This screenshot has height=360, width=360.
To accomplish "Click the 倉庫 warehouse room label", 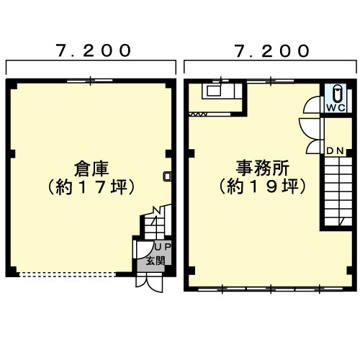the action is pyautogui.click(x=91, y=169).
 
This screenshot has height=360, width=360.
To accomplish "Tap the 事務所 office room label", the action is pyautogui.click(x=263, y=168).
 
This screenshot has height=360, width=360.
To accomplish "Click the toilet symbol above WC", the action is pyautogui.click(x=336, y=93).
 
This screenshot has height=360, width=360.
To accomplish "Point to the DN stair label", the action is pyautogui.click(x=336, y=151).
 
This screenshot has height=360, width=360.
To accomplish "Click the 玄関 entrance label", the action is pyautogui.click(x=156, y=261).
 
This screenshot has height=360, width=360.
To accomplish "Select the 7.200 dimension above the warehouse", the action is pyautogui.click(x=94, y=50).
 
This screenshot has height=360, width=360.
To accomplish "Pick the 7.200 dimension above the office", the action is pyautogui.click(x=272, y=51).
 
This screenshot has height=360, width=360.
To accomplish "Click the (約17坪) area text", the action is pyautogui.click(x=91, y=187).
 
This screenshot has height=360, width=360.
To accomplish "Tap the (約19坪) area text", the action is pyautogui.click(x=262, y=186).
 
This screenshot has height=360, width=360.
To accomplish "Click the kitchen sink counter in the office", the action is pyautogui.click(x=222, y=91).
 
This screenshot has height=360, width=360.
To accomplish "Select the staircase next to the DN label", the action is pyautogui.click(x=338, y=192).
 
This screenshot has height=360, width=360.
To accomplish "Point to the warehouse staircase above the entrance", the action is pyautogui.click(x=157, y=222).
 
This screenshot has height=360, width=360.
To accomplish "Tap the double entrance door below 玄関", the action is pyautogui.click(x=149, y=284).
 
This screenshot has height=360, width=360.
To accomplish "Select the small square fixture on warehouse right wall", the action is pyautogui.click(x=167, y=176).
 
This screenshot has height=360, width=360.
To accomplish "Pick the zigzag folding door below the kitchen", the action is pyautogui.click(x=198, y=114).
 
